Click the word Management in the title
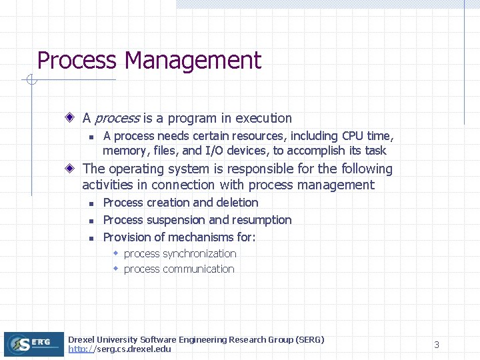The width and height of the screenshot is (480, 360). coord(193,61)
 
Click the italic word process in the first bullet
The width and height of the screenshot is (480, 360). coord(117,119)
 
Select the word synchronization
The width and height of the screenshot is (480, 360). coord(199,254)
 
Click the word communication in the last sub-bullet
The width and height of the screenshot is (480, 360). coord(199,269)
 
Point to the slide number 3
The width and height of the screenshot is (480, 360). coord(437,345)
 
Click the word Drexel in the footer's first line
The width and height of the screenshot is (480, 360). coord(81,340)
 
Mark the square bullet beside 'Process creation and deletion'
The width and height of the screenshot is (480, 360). coord(91,203)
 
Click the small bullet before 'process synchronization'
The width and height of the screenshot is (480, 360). coord(115,253)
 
